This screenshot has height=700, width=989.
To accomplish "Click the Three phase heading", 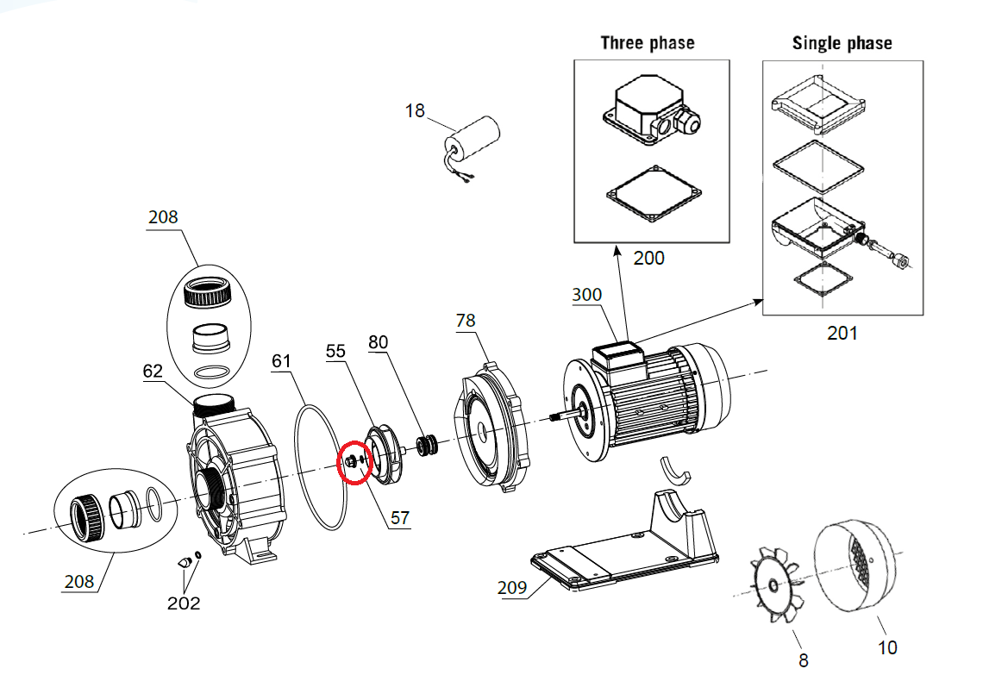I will tap(647, 43).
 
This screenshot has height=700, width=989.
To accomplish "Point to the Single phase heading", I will tap(842, 43).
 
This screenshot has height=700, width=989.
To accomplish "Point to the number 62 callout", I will tap(153, 372).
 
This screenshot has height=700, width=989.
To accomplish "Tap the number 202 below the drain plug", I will tap(184, 603).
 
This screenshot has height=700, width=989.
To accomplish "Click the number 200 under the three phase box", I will tap(649, 258).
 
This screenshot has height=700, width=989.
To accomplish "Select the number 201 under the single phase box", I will tap(842, 332).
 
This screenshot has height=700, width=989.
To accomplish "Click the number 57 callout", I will tap(400, 518).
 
